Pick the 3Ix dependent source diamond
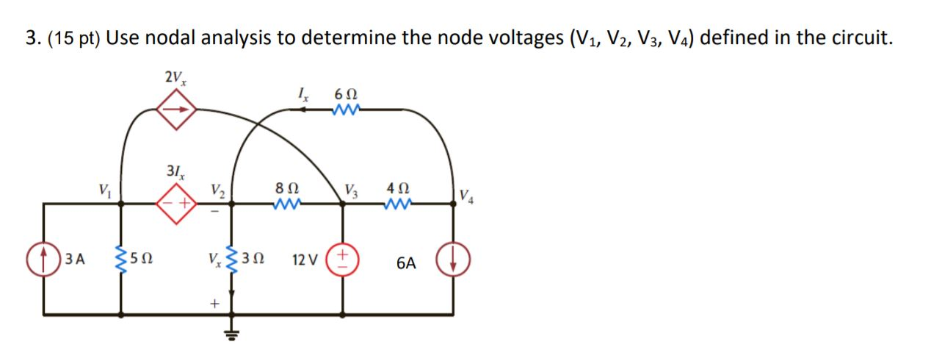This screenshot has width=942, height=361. pos(175,203)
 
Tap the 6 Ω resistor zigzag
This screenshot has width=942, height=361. pos(344,110)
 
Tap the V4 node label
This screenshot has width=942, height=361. pos(467,196)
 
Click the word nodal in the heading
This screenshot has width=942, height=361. pos(173,37)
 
